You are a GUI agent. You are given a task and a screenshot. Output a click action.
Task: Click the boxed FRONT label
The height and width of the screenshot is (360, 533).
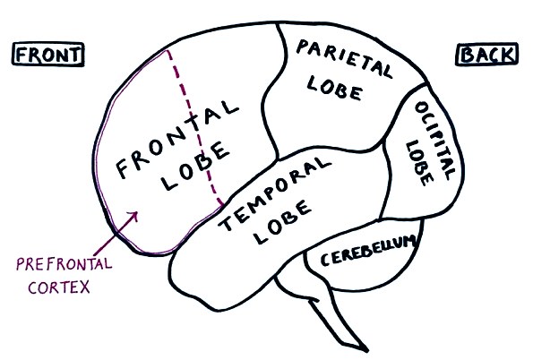click(48, 55)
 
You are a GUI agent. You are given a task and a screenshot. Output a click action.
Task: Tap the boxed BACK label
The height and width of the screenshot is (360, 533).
click(486, 55)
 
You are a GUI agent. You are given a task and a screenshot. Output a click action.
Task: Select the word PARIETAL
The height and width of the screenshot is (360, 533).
click(344, 58)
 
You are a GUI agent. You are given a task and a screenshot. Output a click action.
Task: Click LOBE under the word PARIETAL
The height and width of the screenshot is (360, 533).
click(334, 89)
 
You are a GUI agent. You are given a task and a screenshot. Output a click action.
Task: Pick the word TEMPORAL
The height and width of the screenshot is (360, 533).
click(274, 193)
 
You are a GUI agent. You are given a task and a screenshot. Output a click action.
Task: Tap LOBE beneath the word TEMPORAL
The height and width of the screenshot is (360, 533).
click(283, 222)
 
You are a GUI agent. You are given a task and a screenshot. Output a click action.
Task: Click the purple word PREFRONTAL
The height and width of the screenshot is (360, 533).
click(64, 264)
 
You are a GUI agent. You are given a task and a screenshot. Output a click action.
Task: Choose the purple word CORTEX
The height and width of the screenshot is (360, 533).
click(59, 287)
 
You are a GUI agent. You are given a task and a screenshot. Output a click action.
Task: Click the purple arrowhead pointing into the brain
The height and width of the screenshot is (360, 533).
click(134, 215)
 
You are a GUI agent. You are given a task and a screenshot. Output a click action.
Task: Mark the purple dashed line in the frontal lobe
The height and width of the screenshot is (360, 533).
click(194, 127)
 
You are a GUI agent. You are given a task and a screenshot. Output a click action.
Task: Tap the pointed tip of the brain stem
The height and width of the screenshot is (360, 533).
click(367, 350)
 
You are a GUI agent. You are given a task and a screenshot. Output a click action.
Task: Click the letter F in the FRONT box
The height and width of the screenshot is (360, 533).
click(21, 55)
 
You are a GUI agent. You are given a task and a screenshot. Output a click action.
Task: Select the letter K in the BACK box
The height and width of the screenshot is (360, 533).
click(508, 55)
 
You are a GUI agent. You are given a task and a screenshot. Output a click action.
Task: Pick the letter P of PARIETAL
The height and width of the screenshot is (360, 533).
click(303, 47)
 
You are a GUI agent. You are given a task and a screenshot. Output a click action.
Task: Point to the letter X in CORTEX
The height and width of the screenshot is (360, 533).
click(84, 287)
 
